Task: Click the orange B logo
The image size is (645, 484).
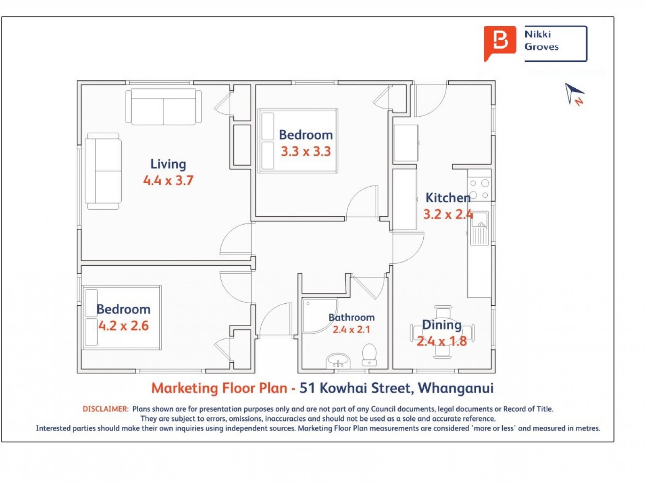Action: point(499,44)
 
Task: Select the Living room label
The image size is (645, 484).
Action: point(168,164)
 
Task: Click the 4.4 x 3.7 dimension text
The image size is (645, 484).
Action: point(168,180)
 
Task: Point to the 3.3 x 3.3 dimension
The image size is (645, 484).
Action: point(306,151)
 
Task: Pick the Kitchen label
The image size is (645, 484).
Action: point(448,198)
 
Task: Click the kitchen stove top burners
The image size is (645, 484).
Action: point(479,189)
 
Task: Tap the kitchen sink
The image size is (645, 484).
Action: point(479,228)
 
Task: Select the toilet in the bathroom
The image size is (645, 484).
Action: point(369,355)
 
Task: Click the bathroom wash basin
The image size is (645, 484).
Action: point(338,361)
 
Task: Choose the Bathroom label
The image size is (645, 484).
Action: point(352,317)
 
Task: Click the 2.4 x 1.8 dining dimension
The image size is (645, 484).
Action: point(442,341)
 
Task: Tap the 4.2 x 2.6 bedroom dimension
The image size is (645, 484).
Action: point(123,325)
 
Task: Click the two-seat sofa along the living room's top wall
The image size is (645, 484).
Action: point(163,106)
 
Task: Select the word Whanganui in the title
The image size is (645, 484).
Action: point(456,388)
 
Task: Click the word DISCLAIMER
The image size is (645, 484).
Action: point(106,409)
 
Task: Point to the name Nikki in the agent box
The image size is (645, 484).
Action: point(537,34)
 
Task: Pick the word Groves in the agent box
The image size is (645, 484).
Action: point(541,47)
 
